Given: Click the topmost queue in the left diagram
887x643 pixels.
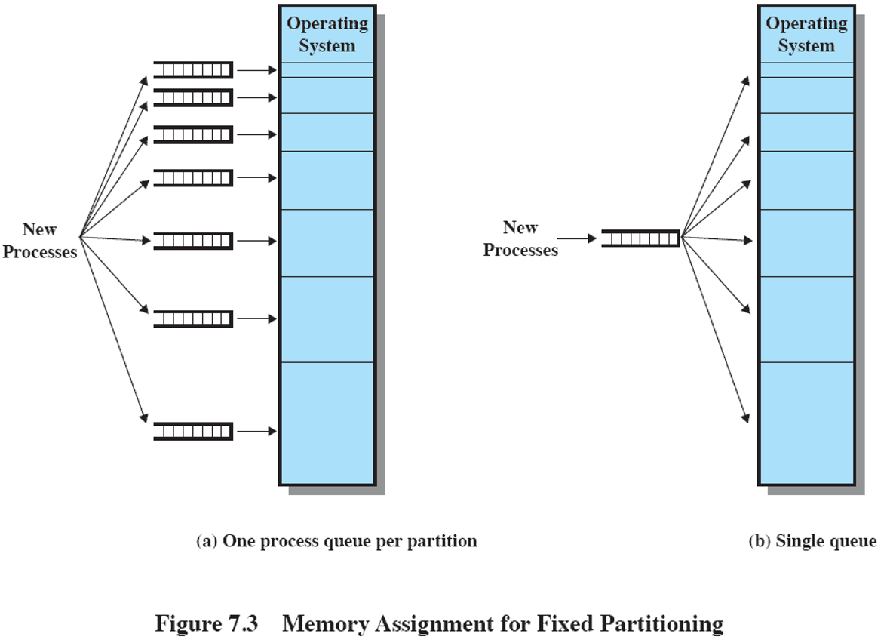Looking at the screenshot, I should tap(194, 70).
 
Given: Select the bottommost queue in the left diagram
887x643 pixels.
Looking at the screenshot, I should tap(194, 431).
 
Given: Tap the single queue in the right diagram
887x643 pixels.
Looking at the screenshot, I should tap(641, 238).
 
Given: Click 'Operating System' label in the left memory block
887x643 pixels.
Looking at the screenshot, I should tap(327, 35).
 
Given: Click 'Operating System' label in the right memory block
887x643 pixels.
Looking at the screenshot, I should tap(806, 35).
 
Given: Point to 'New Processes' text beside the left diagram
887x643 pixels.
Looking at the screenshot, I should tap(39, 241).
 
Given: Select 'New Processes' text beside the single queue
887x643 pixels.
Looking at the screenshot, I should tap(520, 238).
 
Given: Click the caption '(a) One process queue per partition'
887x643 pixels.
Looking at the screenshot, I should tap(336, 541).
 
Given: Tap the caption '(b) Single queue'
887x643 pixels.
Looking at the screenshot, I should tap(812, 541).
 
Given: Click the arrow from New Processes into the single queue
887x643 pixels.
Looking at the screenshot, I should tap(578, 238).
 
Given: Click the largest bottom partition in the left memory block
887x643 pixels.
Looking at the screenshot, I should tap(327, 423).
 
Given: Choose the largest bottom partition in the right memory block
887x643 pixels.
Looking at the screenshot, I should tap(806, 423).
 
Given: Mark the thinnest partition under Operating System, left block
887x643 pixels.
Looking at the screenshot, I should tap(327, 70).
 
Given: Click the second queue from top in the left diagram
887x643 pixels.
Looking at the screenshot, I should tap(194, 97).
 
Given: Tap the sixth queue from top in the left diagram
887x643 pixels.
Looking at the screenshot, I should tap(194, 318).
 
